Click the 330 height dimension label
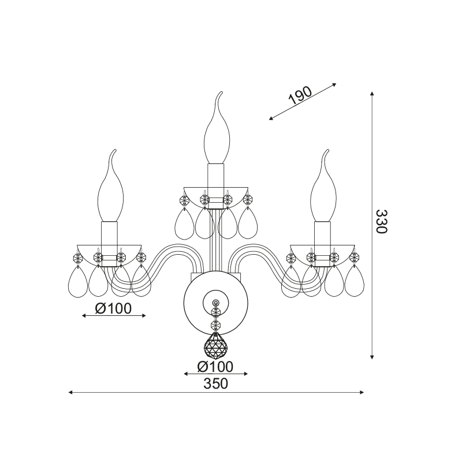point(382,221)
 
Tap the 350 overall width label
point(215,383)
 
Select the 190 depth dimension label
point(300,96)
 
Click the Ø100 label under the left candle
point(113,308)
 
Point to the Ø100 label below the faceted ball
point(215,367)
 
